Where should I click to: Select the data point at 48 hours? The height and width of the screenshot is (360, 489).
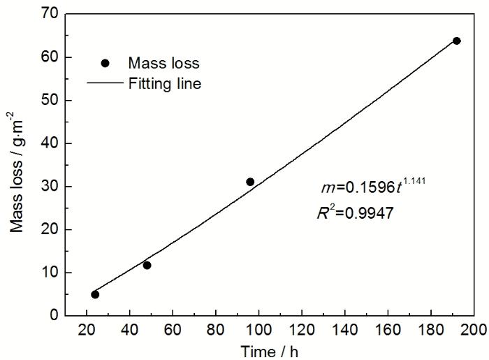147,265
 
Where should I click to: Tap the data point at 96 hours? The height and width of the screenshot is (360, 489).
250,182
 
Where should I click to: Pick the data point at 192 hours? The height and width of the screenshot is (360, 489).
457,41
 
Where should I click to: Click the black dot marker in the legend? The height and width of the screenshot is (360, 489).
105,63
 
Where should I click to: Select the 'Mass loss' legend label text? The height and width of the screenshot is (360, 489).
163,63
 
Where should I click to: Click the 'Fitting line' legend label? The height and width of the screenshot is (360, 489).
166,83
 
